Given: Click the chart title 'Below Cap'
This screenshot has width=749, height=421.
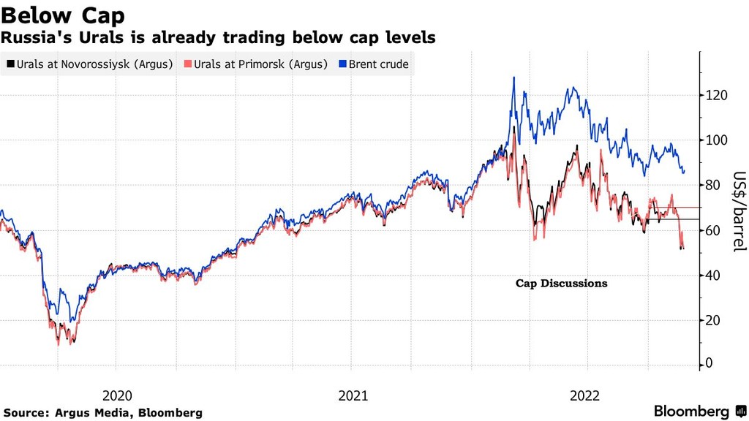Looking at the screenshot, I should coord(64,15).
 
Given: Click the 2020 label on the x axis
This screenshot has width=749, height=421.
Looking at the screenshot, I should coord(117,395).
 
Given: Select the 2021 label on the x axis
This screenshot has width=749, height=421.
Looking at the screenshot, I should coord(353,395).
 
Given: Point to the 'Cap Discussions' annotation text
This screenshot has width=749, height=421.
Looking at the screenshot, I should coord(561,284).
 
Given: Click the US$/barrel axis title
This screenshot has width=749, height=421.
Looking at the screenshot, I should coord(739,213).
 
